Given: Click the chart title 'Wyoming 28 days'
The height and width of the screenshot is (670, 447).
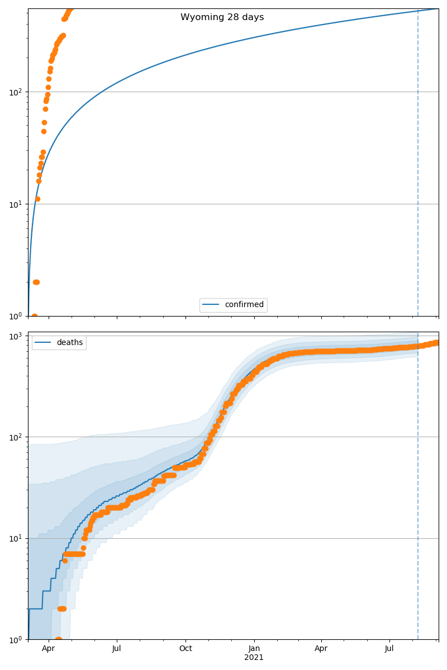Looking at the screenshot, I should point(222,17).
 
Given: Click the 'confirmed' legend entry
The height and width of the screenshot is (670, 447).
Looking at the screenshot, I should point(244,305).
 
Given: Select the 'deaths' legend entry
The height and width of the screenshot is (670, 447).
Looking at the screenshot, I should point(69,342).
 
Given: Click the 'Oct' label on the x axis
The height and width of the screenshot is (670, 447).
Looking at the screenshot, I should point(186,649).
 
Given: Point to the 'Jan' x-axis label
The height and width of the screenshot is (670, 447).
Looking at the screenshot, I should point(254,649).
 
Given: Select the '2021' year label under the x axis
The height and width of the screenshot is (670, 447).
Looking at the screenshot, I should point(254,658).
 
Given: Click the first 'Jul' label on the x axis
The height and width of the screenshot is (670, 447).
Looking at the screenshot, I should point(117,649).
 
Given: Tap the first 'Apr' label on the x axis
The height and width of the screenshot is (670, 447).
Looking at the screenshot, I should point(49,649).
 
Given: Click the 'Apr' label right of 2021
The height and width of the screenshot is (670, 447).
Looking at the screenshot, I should point(321,649).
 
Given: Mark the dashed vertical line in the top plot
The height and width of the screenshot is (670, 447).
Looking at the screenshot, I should point(418,167).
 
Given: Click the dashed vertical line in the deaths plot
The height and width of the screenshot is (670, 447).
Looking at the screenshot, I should point(418,502).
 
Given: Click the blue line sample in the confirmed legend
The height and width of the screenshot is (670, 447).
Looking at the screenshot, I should point(212,305).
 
